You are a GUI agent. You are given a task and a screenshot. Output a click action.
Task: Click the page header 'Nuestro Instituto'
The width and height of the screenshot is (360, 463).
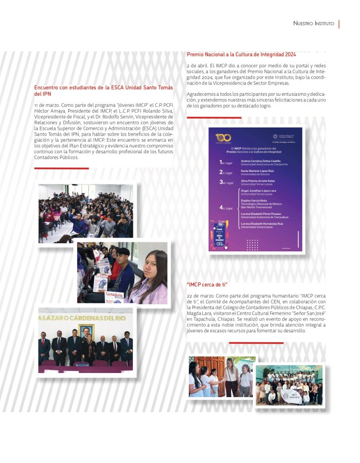click(313, 23)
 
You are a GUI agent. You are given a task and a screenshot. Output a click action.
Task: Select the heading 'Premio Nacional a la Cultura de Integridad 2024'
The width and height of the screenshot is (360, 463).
click(241, 55)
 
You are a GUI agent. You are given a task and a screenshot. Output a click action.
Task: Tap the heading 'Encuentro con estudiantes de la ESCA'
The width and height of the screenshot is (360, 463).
click(103, 90)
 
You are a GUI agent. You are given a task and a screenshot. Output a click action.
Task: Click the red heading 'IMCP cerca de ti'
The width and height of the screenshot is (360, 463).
click(206, 284)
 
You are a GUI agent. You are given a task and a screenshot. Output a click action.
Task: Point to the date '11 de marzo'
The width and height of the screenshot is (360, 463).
click(45, 105)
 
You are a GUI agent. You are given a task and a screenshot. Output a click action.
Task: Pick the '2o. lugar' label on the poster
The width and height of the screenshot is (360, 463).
click(226, 172)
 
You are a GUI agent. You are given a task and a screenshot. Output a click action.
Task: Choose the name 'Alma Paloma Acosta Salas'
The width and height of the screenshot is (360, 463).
click(257, 181)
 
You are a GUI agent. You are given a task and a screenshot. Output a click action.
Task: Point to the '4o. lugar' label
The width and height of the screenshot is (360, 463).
click(226, 208)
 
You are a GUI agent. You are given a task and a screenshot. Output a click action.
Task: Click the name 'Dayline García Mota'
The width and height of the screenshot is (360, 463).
click(254, 200)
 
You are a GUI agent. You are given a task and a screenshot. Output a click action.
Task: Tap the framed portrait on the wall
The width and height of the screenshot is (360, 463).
click(86, 331)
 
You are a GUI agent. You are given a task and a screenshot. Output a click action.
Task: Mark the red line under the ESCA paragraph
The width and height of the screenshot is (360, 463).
click(61, 168)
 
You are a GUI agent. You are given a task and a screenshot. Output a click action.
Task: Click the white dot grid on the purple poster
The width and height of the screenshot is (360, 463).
click(252, 245)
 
